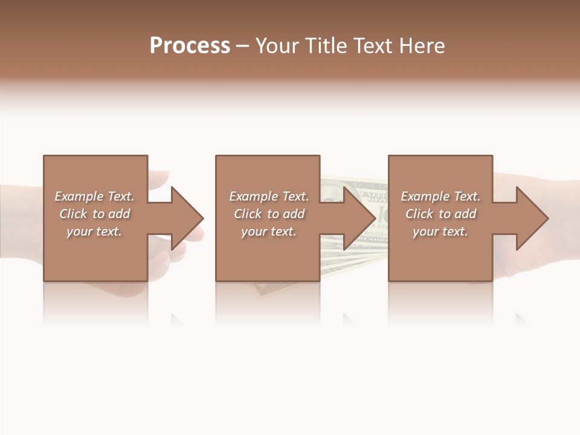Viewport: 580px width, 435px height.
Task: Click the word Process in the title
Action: coord(190,46)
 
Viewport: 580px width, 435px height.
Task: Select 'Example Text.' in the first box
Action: coord(94,196)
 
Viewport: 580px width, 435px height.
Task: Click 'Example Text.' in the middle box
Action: coord(269,196)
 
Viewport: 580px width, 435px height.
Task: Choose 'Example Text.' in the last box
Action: coord(440,196)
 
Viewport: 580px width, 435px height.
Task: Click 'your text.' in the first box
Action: coord(94,231)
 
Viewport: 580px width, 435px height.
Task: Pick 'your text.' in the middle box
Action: coord(269,231)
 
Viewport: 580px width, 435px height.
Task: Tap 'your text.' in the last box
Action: coord(440,231)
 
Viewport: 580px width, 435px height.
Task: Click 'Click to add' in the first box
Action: coord(94,214)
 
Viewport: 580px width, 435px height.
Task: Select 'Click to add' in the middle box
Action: coord(269,214)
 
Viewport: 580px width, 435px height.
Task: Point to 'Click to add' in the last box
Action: coord(440,214)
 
